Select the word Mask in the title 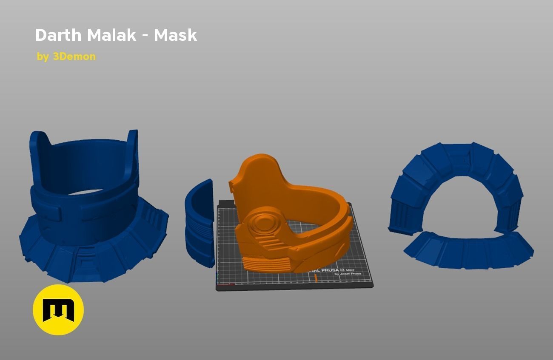(175, 35)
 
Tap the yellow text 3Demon (74, 57)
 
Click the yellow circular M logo (58, 310)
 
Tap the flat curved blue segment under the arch (468, 251)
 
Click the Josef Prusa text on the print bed (348, 274)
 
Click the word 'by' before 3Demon (43, 57)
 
